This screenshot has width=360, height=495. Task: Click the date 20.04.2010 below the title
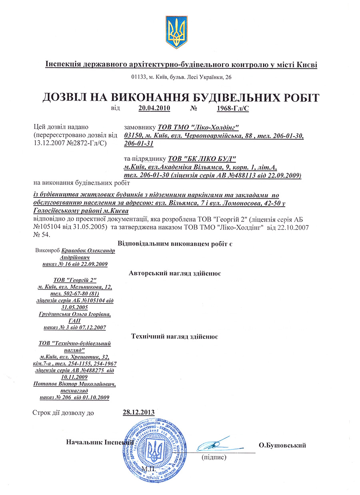pyautogui.click(x=154, y=108)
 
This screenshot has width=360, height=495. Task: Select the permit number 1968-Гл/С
pyautogui.click(x=233, y=108)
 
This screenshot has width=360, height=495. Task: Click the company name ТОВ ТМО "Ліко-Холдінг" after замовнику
pyautogui.click(x=198, y=128)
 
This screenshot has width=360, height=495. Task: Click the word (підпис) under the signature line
pyautogui.click(x=214, y=457)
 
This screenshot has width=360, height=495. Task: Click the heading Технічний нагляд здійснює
pyautogui.click(x=174, y=336)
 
